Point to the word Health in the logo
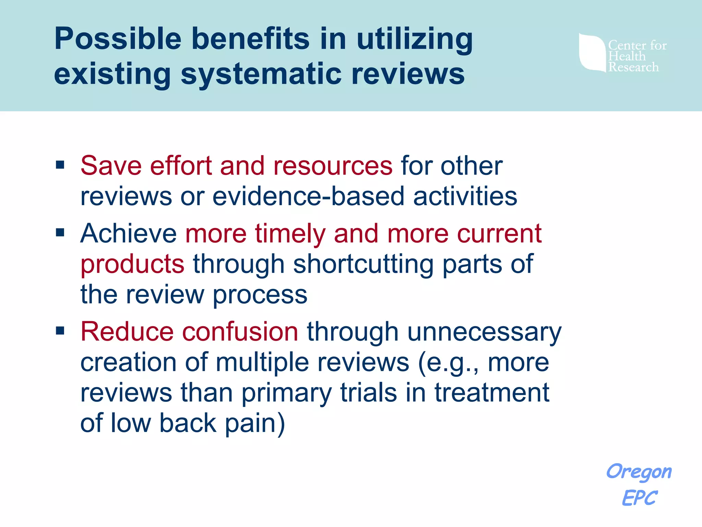tap(627, 56)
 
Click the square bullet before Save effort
tap(60, 165)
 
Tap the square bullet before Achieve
tap(60, 233)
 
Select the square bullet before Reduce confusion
tap(60, 331)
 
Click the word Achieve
tap(129, 234)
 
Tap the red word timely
tap(290, 234)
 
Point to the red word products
tap(132, 264)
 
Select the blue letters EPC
tap(639, 498)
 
